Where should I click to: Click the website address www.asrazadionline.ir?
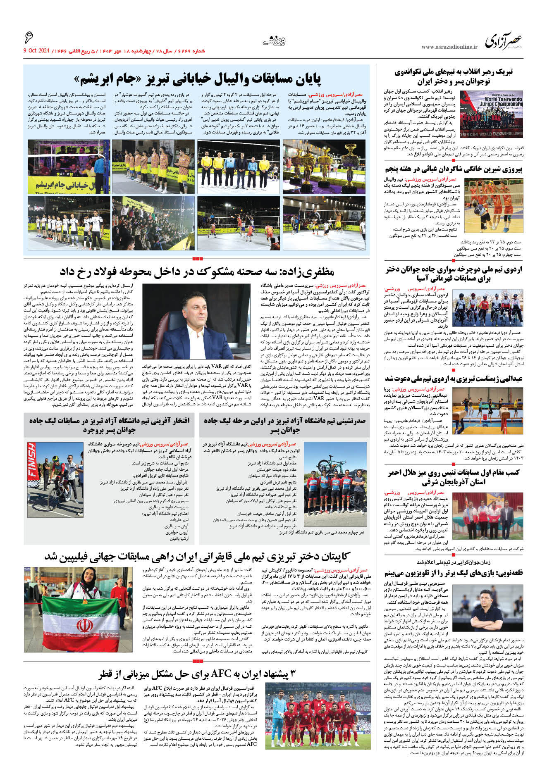449,47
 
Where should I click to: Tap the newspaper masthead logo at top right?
504,41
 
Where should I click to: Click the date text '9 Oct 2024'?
36,51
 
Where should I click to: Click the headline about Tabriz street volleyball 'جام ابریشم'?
197,79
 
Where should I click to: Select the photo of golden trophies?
324,167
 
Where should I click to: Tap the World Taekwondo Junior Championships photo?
491,114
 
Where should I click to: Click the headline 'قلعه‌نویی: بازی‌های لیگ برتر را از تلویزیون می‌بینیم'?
454,573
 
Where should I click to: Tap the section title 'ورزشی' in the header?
274,40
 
